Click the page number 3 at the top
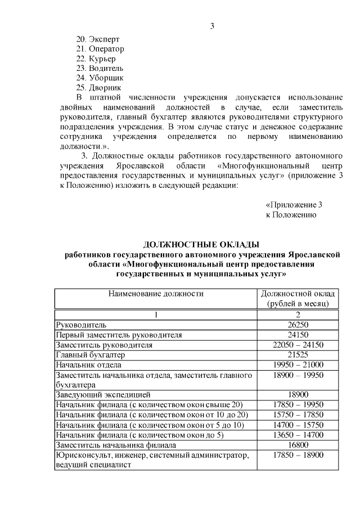point(211,25)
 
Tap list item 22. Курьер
point(96,58)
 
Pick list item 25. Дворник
point(98,87)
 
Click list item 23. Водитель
point(99,68)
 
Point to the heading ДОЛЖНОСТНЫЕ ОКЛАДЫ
point(202,244)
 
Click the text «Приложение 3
point(294,205)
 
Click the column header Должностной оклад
point(299,294)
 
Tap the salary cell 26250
point(299,325)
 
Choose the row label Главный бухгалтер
point(89,355)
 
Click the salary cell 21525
point(299,355)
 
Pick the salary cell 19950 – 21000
point(299,364)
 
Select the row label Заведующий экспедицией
point(102,395)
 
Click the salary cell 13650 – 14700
point(299,434)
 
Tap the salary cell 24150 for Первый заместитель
point(299,335)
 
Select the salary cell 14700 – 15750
point(299,425)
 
